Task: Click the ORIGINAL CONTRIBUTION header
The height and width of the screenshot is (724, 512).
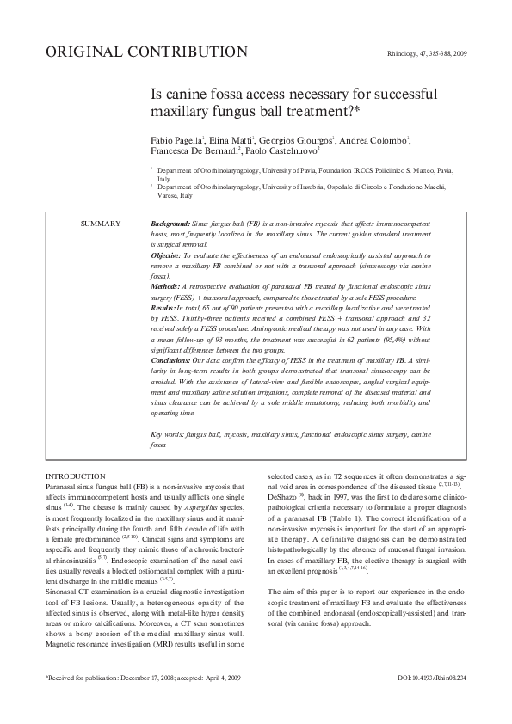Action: (x=146, y=52)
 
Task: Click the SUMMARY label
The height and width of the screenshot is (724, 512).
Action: (x=101, y=224)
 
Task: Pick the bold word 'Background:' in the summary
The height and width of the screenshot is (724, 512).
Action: (x=171, y=224)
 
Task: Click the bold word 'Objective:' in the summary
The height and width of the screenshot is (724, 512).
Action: (x=168, y=255)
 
